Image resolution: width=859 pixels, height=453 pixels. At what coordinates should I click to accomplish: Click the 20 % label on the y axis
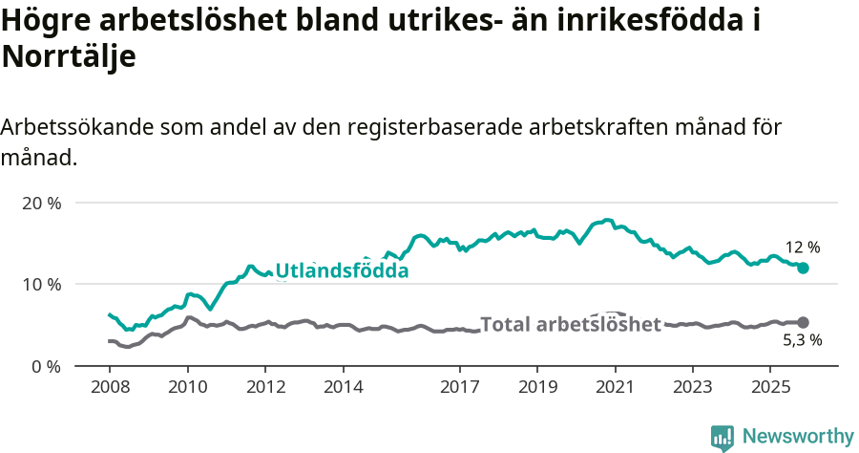point(42,203)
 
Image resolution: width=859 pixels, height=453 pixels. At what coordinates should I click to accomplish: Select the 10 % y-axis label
point(42,284)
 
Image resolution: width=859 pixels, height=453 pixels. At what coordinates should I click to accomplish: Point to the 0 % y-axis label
point(46,365)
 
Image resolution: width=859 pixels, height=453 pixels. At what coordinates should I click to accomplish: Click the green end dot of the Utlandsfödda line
point(803,269)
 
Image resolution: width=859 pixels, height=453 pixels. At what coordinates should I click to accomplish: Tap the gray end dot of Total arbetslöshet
point(803,323)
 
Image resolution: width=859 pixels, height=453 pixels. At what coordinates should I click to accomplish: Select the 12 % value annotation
point(803,248)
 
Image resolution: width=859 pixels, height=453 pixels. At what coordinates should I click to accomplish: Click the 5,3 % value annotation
point(802,340)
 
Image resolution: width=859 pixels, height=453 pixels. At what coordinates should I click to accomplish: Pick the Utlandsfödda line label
point(342,271)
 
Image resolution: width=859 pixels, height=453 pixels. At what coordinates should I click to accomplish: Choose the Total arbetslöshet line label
point(570,325)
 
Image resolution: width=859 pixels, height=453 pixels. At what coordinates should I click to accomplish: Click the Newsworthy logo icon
point(723,438)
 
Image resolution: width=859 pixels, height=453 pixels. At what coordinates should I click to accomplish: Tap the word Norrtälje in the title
point(69,56)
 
